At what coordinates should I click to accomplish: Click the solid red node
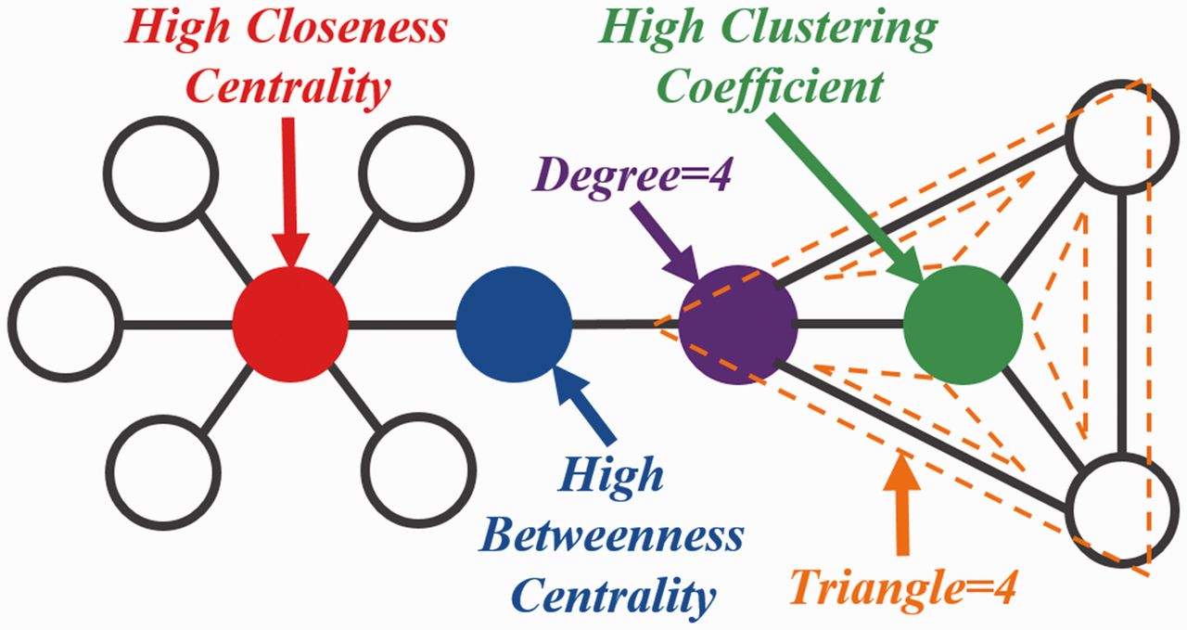pyautogui.click(x=290, y=324)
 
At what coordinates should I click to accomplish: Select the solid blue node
pyautogui.click(x=514, y=324)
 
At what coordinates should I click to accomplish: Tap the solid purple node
pyautogui.click(x=738, y=325)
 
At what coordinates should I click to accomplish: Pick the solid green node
pyautogui.click(x=963, y=325)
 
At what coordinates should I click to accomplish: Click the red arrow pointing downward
pyautogui.click(x=289, y=192)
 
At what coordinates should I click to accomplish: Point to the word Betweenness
pyautogui.click(x=611, y=536)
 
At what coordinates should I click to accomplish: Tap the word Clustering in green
pyautogui.click(x=829, y=30)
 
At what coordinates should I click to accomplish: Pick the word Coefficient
pyautogui.click(x=772, y=87)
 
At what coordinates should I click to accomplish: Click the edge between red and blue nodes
pyautogui.click(x=402, y=324)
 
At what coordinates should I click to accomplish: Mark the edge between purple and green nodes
pyautogui.click(x=850, y=324)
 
